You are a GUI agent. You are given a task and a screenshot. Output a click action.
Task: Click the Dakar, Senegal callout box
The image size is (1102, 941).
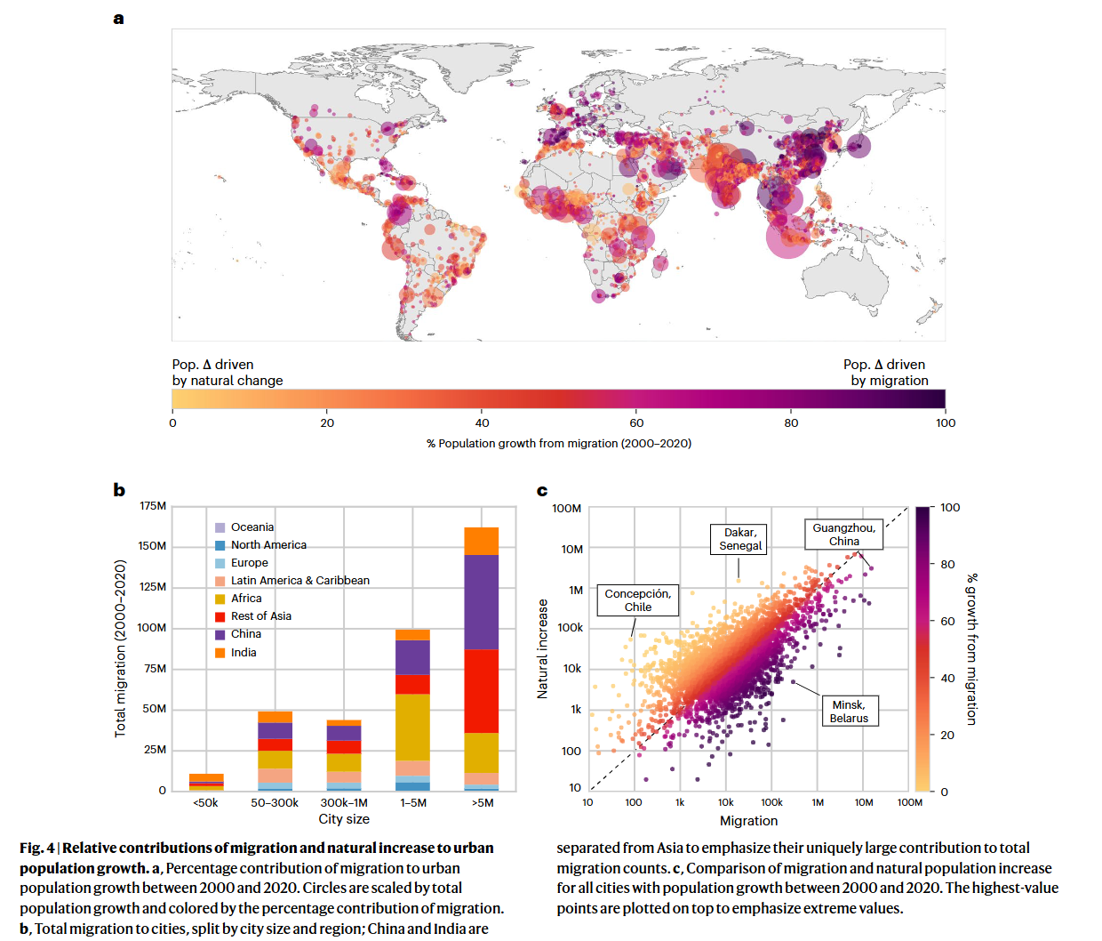(739, 539)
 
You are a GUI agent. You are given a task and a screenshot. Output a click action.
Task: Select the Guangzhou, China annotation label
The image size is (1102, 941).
(843, 534)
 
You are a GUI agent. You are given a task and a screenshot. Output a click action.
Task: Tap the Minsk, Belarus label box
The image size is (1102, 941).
(849, 711)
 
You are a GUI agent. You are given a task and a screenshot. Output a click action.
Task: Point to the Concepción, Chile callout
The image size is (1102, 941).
(637, 600)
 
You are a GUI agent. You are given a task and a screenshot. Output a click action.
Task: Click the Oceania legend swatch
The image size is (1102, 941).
(220, 527)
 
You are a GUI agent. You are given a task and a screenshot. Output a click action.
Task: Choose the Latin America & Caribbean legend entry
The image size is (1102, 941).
(292, 581)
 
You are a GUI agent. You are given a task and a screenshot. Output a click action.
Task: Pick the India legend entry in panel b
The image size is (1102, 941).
(236, 653)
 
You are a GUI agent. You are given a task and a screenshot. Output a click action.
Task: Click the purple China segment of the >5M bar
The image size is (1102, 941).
(482, 602)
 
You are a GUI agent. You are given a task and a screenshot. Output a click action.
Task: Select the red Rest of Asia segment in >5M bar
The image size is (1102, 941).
(482, 691)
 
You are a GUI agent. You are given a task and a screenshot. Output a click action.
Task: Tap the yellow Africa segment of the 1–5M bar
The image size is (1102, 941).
(412, 727)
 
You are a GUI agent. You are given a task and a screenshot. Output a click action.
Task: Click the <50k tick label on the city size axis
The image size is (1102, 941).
(205, 803)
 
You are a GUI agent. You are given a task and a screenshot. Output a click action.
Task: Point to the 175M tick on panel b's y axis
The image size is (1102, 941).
(153, 506)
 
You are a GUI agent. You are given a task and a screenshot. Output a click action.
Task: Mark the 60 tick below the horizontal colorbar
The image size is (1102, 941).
(636, 423)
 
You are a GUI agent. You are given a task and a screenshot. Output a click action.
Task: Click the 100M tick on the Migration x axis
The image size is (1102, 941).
(909, 802)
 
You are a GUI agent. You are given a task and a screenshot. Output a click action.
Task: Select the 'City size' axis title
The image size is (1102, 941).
(344, 819)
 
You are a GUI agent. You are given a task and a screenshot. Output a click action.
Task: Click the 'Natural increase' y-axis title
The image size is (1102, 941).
(542, 648)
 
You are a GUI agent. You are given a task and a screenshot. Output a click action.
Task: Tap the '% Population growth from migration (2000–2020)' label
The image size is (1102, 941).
(559, 443)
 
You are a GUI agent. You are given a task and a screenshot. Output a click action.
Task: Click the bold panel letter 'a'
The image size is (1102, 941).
(118, 20)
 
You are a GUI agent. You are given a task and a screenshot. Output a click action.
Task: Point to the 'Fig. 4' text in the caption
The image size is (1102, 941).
(36, 848)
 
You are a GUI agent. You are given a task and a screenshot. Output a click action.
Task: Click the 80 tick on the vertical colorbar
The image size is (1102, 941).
(947, 564)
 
